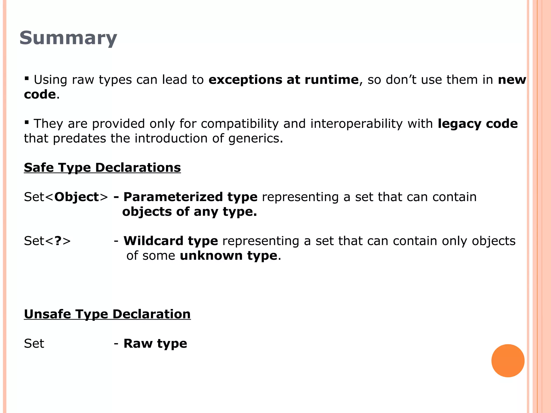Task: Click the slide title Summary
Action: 68,38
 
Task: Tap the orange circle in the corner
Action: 508,361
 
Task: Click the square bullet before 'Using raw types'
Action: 26,79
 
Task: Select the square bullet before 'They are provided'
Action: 26,123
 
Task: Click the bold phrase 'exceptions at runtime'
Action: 284,80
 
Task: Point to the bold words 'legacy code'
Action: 478,124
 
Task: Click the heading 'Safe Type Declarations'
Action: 102,168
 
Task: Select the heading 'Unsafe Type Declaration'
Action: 107,314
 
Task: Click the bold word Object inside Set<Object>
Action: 77,197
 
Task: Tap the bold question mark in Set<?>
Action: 58,241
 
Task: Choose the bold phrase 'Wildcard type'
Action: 171,241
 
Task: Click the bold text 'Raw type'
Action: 155,344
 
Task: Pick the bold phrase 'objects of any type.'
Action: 189,212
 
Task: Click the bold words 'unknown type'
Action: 228,255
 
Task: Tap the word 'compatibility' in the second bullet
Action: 239,124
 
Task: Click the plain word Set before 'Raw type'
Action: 34,344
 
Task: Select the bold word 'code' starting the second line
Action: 40,94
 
